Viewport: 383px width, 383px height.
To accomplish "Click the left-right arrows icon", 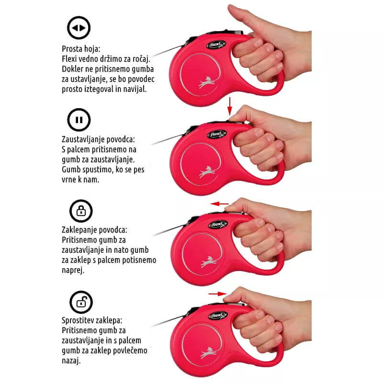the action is pyautogui.click(x=79, y=28).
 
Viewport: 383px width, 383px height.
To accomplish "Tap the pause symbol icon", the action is pyautogui.click(x=79, y=120).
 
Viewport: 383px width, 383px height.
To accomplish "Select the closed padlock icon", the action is pyautogui.click(x=81, y=211).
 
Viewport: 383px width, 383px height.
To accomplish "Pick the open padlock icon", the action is pyautogui.click(x=81, y=302).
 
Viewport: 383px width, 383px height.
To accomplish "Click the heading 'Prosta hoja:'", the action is pyautogui.click(x=81, y=49).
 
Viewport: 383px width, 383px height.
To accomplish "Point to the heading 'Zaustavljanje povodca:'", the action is pyautogui.click(x=98, y=139).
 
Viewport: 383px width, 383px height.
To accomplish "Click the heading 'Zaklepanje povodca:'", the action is pyautogui.click(x=94, y=230).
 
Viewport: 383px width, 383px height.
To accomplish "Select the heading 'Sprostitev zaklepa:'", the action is pyautogui.click(x=92, y=320).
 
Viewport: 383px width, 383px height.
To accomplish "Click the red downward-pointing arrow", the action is pyautogui.click(x=229, y=106).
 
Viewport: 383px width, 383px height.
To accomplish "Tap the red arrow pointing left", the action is pyautogui.click(x=220, y=204).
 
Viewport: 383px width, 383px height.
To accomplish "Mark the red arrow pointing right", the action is pyautogui.click(x=218, y=293).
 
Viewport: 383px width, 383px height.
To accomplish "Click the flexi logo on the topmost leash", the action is pyautogui.click(x=216, y=45).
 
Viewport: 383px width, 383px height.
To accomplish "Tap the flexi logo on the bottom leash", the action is pyautogui.click(x=218, y=315).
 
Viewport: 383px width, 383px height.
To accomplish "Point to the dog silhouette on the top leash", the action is pyautogui.click(x=207, y=82).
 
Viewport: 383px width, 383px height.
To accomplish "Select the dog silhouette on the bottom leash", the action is pyautogui.click(x=209, y=353).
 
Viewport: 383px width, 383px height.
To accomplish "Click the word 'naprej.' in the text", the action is pyautogui.click(x=73, y=270).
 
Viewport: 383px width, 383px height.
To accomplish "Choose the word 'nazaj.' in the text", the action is pyautogui.click(x=71, y=361).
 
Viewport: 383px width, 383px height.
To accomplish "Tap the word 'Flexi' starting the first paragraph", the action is pyautogui.click(x=69, y=59).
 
